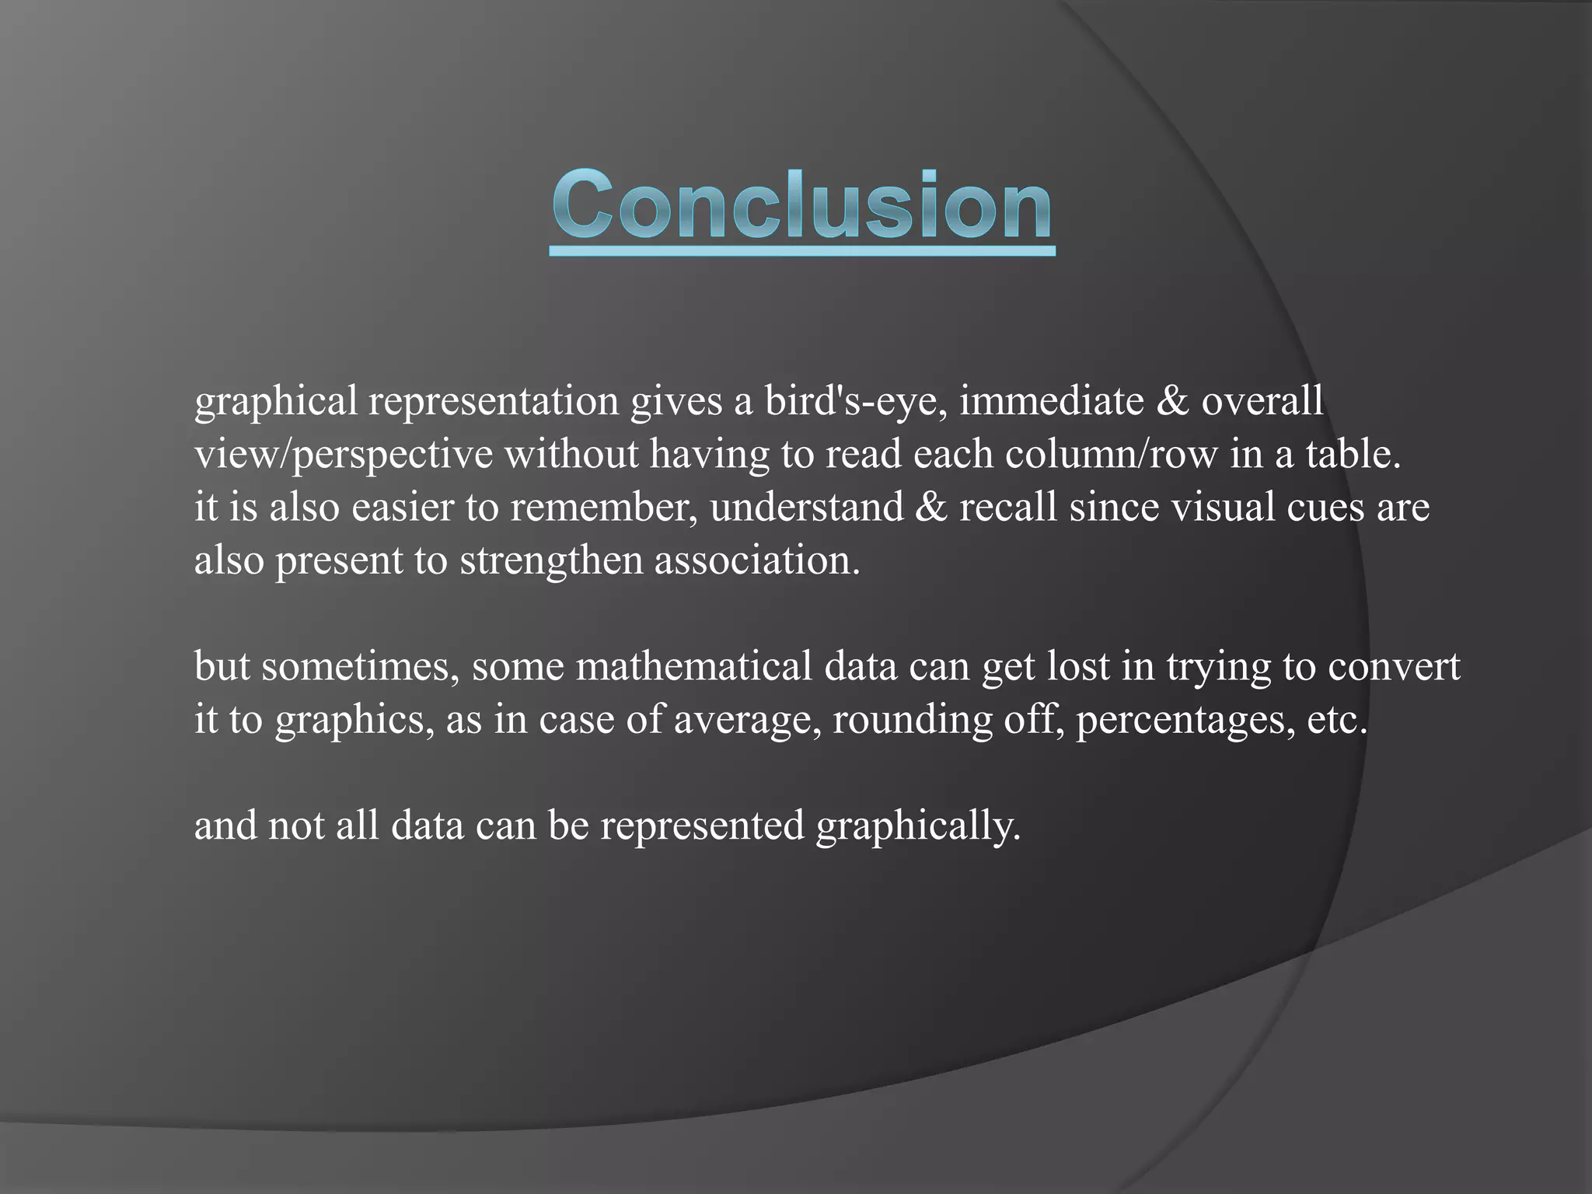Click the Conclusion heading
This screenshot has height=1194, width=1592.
pyautogui.click(x=802, y=205)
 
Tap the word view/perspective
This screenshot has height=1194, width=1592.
pyautogui.click(x=344, y=455)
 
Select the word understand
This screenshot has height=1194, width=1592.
pyautogui.click(x=807, y=508)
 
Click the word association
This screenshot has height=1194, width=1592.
pyautogui.click(x=757, y=560)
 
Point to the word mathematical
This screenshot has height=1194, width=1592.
pyautogui.click(x=694, y=667)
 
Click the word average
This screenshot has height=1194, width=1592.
pyautogui.click(x=747, y=720)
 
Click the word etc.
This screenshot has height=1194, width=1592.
pyautogui.click(x=1337, y=720)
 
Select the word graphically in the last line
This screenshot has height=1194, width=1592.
pyautogui.click(x=918, y=826)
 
